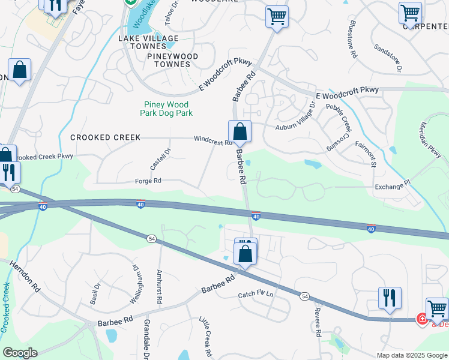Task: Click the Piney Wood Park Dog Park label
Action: (166, 108)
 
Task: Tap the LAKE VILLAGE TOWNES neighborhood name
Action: (148, 42)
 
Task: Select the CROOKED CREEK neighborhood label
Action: (106, 137)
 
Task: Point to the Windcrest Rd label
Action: (212, 141)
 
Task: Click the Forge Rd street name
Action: (149, 181)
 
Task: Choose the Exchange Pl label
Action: (391, 187)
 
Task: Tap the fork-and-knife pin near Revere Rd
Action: (390, 298)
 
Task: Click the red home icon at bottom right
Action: (422, 319)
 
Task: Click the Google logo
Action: (20, 353)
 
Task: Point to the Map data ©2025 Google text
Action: (411, 355)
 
